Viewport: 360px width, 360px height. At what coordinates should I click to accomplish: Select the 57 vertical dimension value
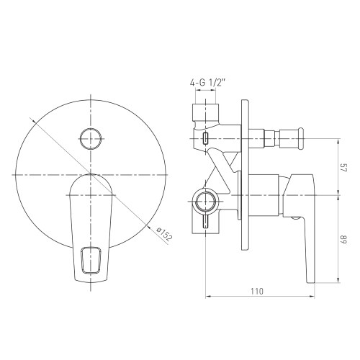[343, 169]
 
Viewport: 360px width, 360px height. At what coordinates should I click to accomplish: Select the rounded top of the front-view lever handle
[91, 183]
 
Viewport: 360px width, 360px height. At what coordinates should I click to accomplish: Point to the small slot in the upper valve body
[207, 138]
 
